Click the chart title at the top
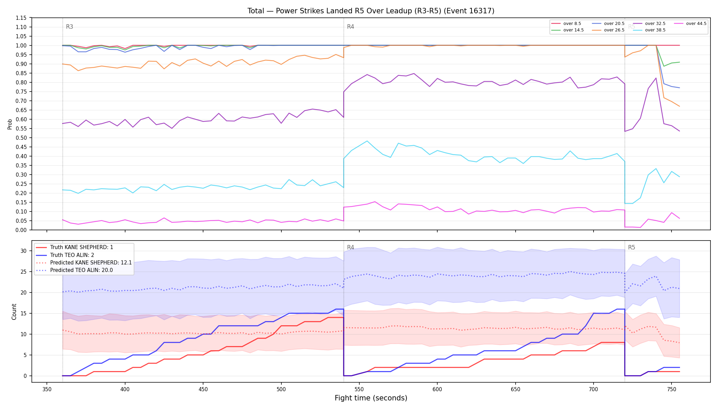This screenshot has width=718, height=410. coord(371,11)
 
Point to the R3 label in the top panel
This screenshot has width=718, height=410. coord(69,27)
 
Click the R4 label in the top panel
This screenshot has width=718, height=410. coord(350,27)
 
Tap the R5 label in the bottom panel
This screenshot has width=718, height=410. coord(631,247)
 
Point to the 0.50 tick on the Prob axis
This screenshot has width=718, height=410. coord(21,138)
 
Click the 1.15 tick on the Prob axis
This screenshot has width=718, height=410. coord(21,18)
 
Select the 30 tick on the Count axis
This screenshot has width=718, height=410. coord(24,251)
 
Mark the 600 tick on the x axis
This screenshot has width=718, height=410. coord(437,389)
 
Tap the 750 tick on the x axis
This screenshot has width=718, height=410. coord(672,389)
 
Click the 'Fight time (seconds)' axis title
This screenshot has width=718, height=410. coord(371,398)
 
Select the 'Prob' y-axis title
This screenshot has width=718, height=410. coord(10,124)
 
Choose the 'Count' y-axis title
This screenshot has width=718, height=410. coord(14,312)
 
